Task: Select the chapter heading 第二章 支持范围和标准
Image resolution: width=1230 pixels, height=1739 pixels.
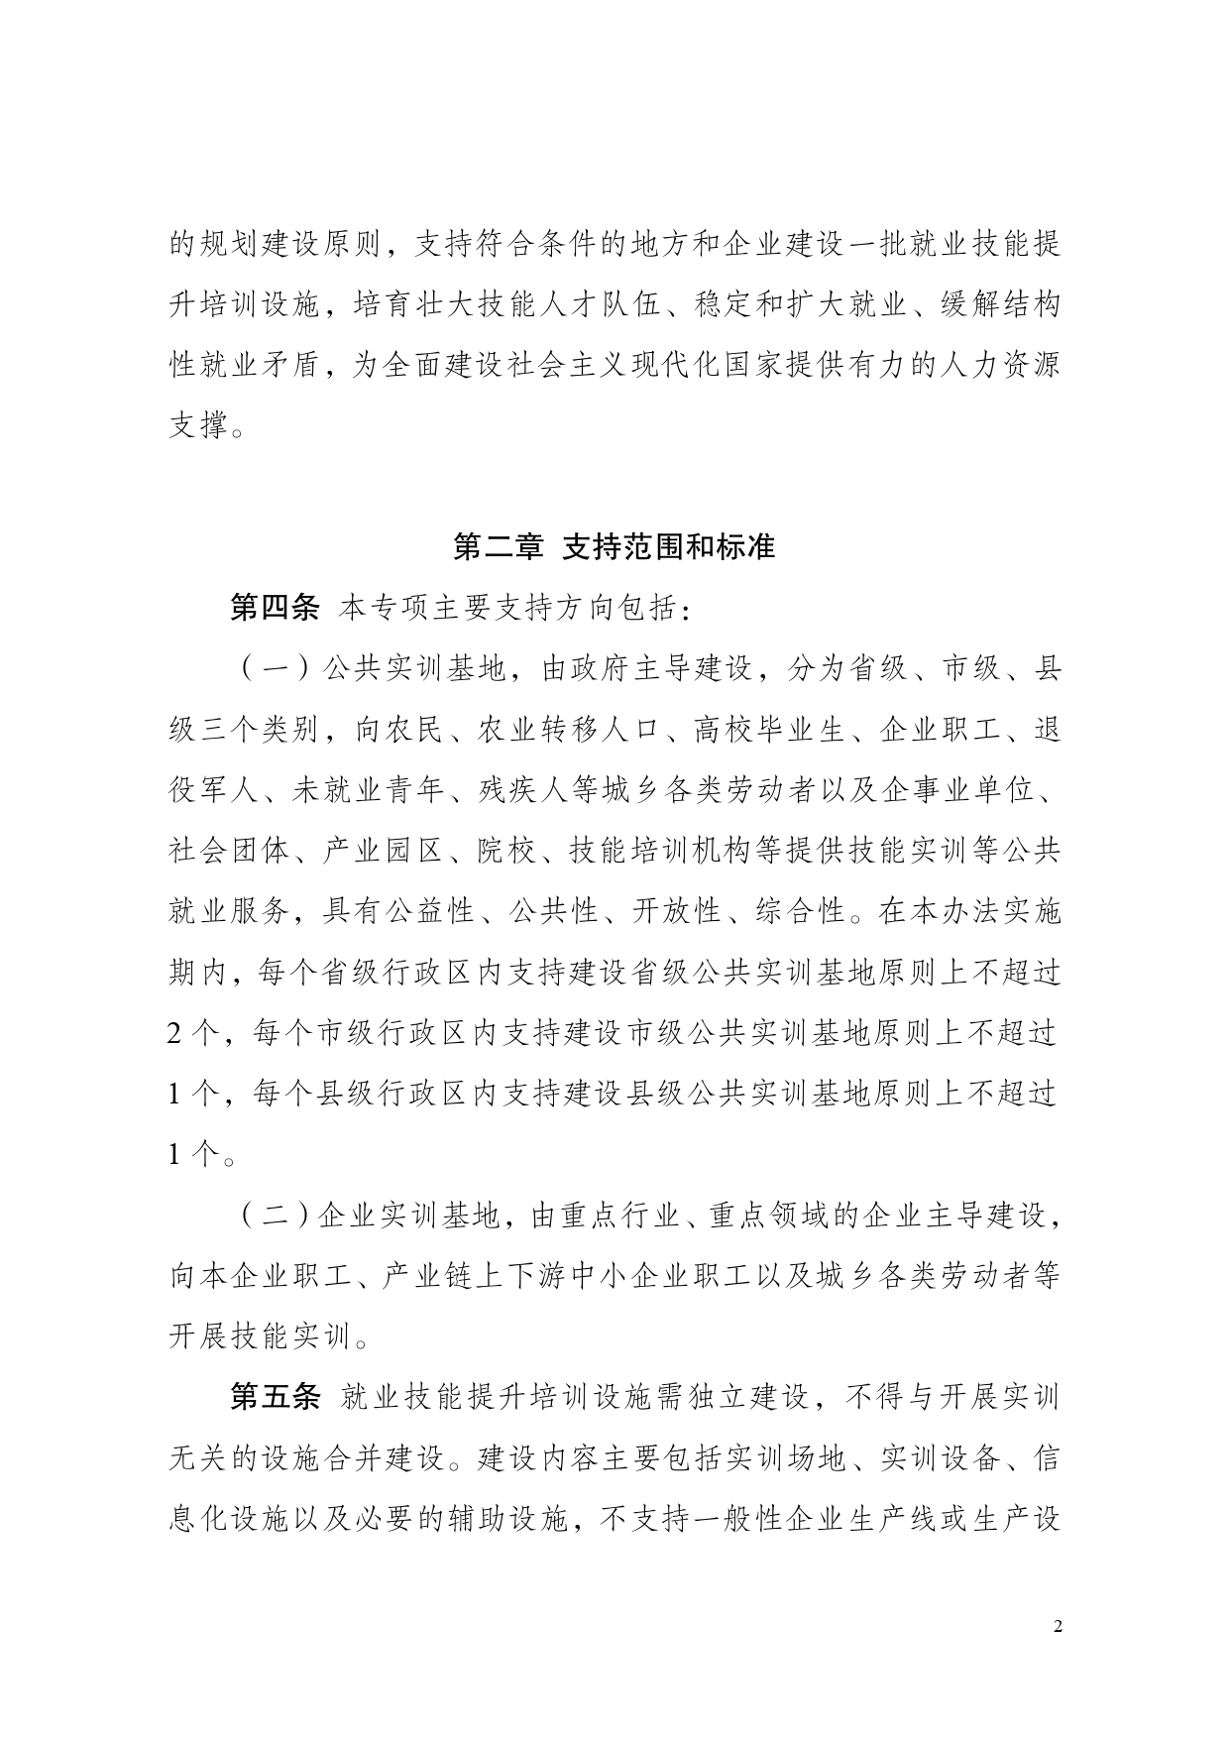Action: click(614, 546)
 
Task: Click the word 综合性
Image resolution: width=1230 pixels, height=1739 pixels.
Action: click(804, 911)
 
